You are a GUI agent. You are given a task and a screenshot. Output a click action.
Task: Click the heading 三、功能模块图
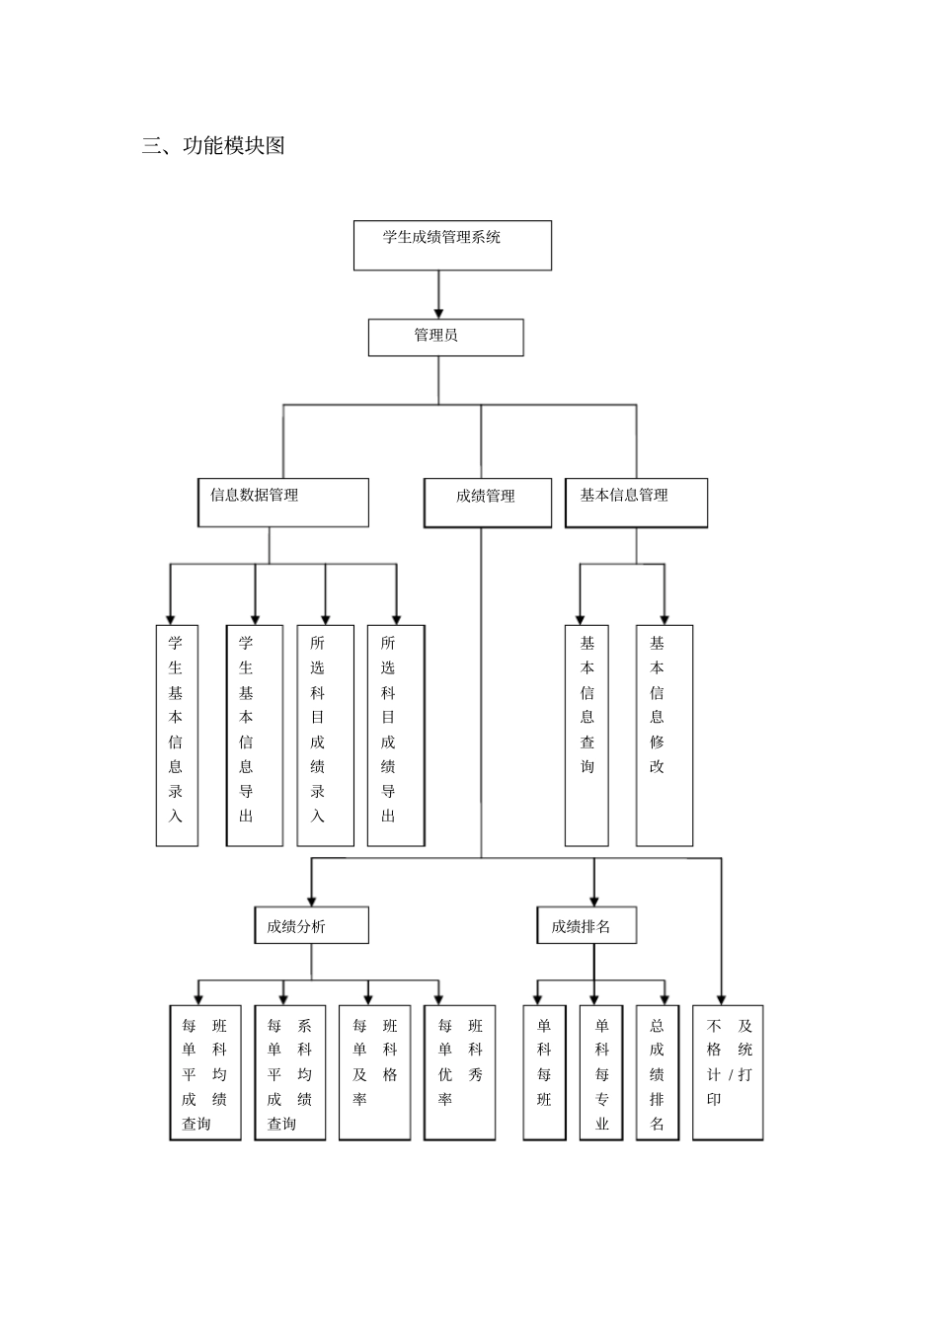pos(213,146)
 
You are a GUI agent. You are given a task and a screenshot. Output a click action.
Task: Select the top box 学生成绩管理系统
pos(452,245)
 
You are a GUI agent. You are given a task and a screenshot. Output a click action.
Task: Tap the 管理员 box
pos(445,337)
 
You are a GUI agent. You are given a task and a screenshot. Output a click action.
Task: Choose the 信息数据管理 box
pos(283,503)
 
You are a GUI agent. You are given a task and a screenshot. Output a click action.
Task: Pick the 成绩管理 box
pos(488,504)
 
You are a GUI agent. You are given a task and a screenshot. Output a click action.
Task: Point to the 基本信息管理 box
pos(636,503)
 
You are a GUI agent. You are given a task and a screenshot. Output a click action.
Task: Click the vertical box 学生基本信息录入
pos(177,735)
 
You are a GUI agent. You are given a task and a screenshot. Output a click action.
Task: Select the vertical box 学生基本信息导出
pos(255,735)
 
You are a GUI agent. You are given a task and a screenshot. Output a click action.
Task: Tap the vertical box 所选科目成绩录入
pos(325,735)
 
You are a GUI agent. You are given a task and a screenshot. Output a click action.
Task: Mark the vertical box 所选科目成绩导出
pos(396,735)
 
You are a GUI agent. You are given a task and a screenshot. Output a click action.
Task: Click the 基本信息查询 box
pos(586,735)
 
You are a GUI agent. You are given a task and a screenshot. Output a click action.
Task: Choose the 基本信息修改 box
pos(664,735)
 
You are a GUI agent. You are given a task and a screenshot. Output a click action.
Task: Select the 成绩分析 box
pos(311,926)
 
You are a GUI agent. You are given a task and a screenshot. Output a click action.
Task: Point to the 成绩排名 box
pos(586,926)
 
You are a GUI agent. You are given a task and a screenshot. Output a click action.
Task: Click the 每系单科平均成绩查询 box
pos(290,1072)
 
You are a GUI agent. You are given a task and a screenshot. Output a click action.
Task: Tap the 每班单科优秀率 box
pos(460,1072)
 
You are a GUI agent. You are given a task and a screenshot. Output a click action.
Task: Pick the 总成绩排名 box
pos(658,1072)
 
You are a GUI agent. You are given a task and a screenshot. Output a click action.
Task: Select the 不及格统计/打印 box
pos(728,1072)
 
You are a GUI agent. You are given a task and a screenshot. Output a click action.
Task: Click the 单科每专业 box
pos(601,1072)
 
